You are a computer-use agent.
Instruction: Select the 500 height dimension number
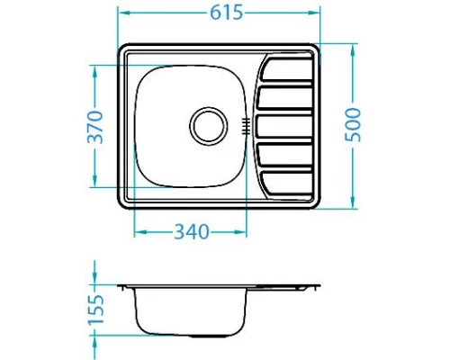pyautogui.click(x=355, y=124)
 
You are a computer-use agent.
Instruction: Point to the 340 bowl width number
pyautogui.click(x=190, y=232)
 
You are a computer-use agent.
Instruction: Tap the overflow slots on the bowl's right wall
pyautogui.click(x=245, y=125)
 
